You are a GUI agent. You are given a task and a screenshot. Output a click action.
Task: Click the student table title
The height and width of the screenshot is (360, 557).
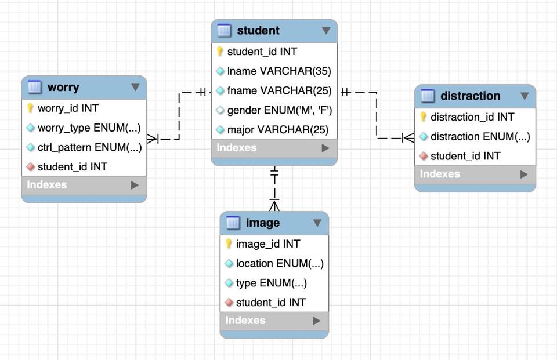point(258,31)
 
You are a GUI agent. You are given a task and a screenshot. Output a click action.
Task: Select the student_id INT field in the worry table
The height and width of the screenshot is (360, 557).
point(73,167)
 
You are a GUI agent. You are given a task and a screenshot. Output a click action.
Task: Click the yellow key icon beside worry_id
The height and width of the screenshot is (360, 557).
point(31,108)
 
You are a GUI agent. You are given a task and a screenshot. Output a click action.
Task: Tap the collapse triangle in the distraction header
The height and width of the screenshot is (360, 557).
point(525,96)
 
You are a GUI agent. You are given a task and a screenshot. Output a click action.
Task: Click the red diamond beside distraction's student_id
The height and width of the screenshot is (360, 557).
point(423,156)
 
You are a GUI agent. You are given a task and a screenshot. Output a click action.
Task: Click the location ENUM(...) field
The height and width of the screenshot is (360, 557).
point(279,264)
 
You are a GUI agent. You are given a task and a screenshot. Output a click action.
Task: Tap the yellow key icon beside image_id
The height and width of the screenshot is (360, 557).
point(229,244)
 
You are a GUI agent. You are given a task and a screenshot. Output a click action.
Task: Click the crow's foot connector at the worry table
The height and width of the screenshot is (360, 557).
point(153,139)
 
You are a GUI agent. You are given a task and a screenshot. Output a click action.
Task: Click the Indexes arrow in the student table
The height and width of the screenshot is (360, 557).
point(325,148)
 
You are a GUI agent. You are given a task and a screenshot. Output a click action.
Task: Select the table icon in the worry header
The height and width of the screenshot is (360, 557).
point(35,88)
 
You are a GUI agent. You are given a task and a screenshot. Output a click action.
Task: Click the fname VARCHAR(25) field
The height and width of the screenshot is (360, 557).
point(279,90)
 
